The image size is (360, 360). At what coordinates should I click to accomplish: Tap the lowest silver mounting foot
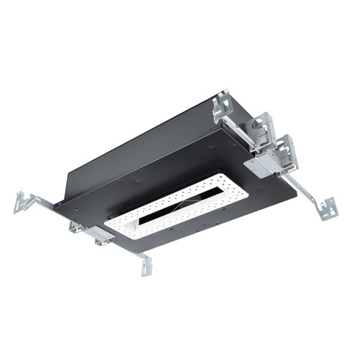[147, 267]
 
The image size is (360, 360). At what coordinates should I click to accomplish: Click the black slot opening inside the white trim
[175, 212]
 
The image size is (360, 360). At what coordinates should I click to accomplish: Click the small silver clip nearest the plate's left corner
[77, 227]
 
